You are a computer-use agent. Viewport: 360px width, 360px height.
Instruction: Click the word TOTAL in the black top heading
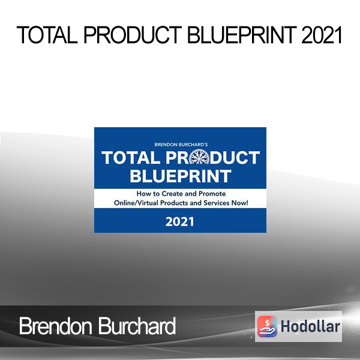47,35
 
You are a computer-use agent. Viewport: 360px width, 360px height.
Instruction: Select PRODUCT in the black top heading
133,35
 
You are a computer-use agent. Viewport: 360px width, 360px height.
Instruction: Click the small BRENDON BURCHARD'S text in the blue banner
181,145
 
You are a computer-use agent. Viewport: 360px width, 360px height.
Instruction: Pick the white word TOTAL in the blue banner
131,158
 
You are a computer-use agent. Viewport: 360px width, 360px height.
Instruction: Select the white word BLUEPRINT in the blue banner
181,176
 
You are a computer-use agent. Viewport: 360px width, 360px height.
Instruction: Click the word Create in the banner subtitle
172,194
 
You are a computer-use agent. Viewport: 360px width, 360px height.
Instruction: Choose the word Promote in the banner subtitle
212,194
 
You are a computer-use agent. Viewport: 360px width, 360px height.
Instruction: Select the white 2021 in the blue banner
179,222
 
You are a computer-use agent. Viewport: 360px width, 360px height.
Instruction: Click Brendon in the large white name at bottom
56,326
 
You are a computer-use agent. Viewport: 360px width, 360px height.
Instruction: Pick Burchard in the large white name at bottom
137,326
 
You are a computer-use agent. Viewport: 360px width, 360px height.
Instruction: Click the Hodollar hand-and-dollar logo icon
267,326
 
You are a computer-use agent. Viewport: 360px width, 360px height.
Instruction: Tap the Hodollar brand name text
310,326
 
